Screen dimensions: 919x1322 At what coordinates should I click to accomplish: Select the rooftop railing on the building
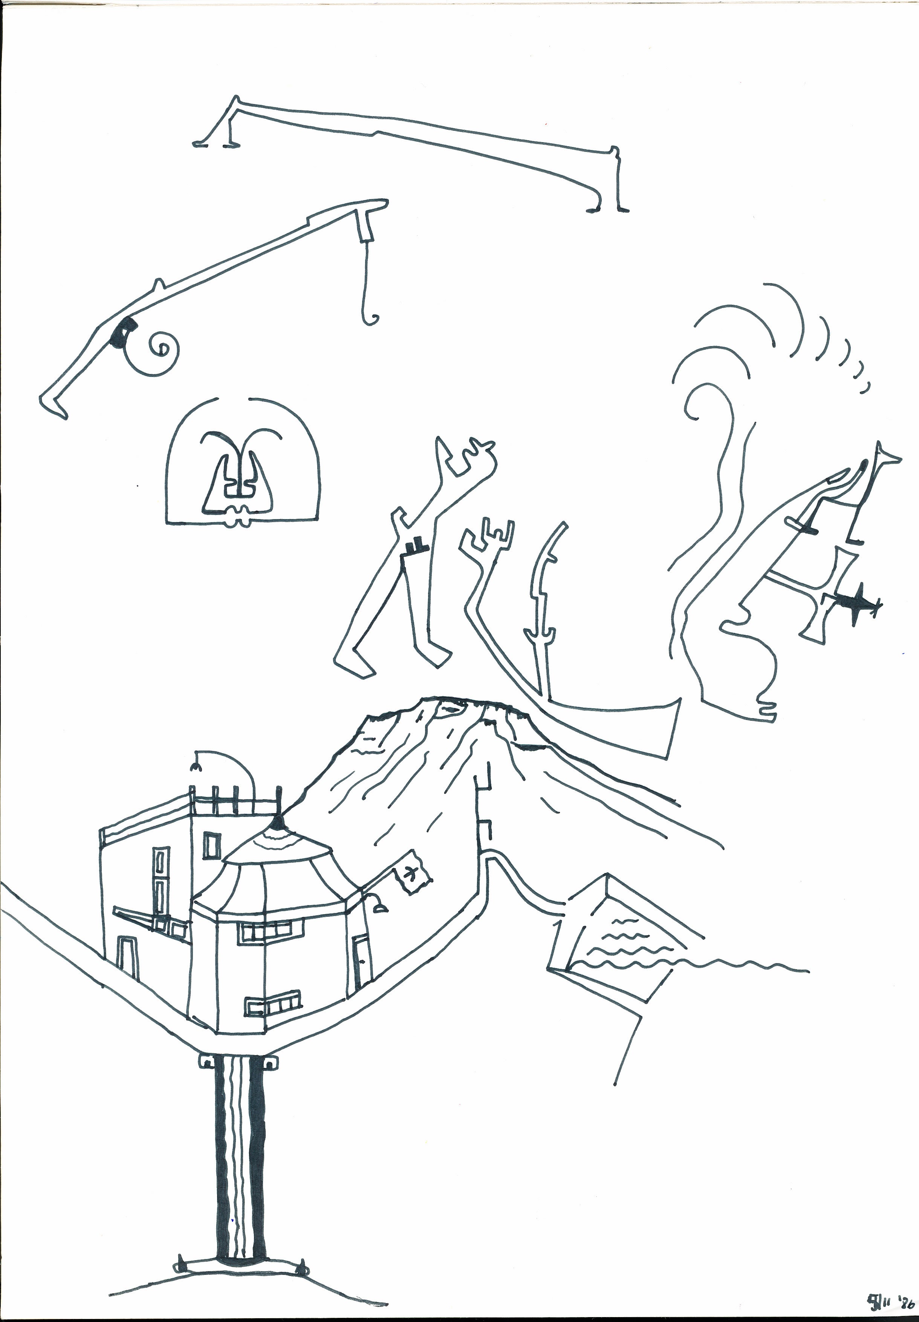[x=233, y=798]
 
